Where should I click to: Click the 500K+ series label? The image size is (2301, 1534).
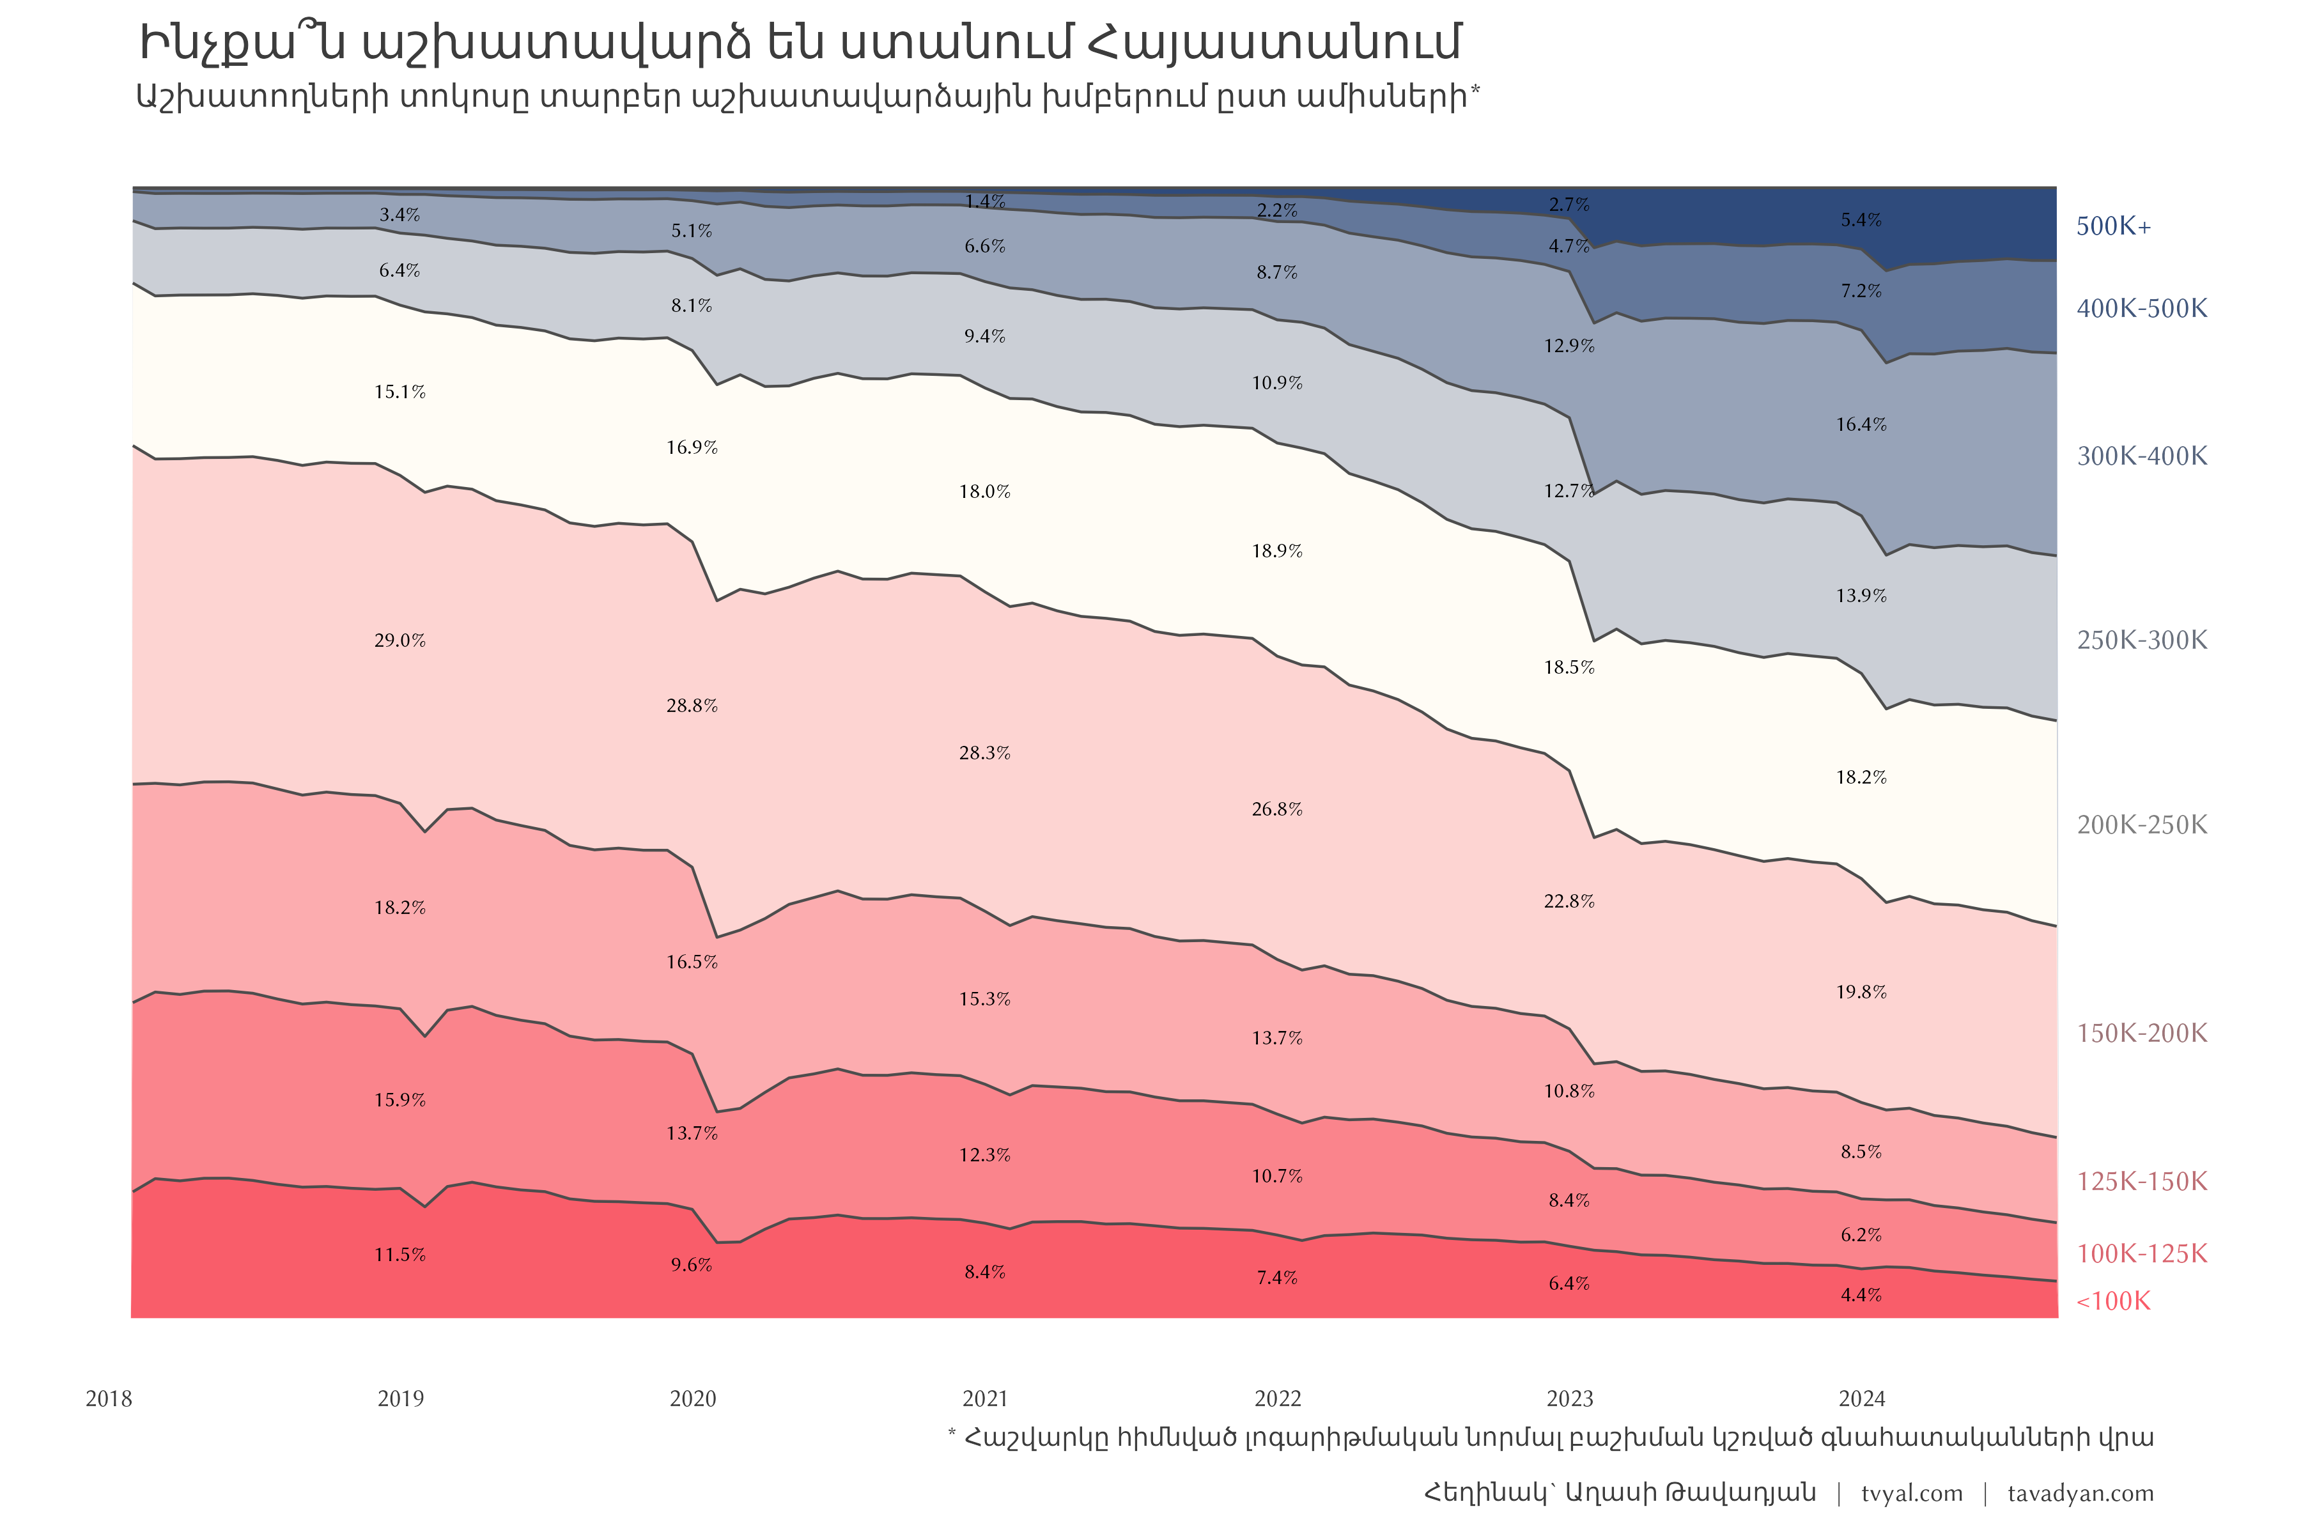(2113, 227)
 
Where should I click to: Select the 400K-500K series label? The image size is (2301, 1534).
(2142, 309)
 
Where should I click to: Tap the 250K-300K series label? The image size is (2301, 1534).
(2142, 641)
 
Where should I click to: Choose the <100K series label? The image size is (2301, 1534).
(2113, 1301)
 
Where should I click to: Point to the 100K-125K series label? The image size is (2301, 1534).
(2142, 1254)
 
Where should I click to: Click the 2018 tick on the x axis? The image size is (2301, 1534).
(109, 1399)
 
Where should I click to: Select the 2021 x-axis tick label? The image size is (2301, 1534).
(984, 1399)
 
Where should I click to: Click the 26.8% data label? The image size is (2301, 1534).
(1276, 810)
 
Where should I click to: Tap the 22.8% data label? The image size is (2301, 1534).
(1569, 902)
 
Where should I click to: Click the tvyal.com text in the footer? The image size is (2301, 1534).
(1912, 1494)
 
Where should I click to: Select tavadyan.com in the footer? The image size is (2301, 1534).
(2080, 1494)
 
